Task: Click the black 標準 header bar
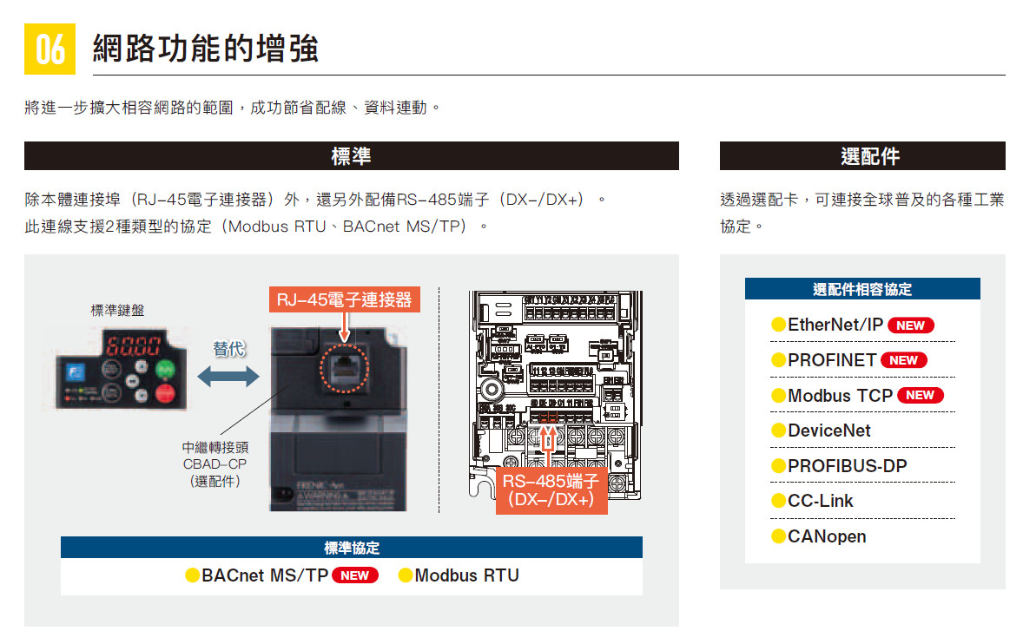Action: point(351,156)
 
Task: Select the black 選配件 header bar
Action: point(861,156)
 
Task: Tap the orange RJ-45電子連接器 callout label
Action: point(344,299)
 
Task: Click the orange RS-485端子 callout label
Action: point(551,491)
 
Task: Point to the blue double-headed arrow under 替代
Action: point(228,377)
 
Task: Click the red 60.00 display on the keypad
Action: point(133,348)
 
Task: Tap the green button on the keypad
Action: point(165,371)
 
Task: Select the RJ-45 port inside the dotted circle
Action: point(345,368)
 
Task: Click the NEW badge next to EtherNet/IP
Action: point(910,325)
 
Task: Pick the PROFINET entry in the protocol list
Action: point(831,360)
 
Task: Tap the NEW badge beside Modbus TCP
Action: point(920,396)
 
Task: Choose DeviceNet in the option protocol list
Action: point(828,431)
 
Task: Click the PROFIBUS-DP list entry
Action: point(847,466)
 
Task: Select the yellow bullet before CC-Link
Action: point(779,502)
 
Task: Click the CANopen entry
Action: point(826,536)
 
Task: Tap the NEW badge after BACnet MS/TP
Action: point(355,575)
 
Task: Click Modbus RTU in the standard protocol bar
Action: point(466,575)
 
